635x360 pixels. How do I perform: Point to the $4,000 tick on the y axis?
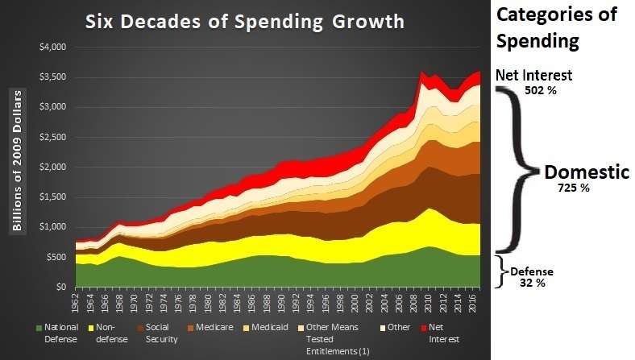click(52, 47)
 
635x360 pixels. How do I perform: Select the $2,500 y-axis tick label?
click(52, 137)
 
